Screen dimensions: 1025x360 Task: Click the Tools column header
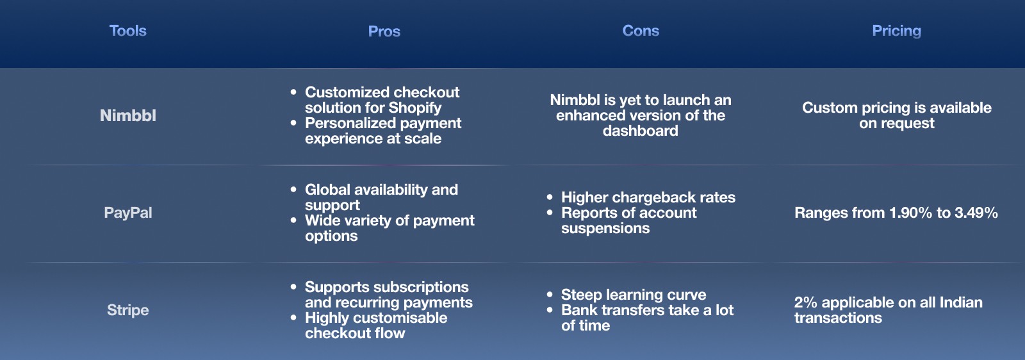(127, 31)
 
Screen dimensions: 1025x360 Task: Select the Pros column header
(384, 31)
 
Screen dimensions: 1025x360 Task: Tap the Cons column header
(641, 31)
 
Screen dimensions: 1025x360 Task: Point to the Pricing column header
(896, 31)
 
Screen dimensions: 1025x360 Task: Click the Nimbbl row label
(127, 115)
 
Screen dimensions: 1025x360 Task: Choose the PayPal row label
(127, 213)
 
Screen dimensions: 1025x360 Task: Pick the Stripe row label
(127, 310)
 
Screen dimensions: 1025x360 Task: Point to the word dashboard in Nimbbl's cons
(640, 131)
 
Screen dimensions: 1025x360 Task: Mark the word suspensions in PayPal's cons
(605, 228)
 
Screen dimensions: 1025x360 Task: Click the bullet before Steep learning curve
(550, 295)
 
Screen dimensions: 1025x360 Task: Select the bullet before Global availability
(293, 190)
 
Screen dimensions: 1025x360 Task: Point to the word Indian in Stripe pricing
(961, 302)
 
